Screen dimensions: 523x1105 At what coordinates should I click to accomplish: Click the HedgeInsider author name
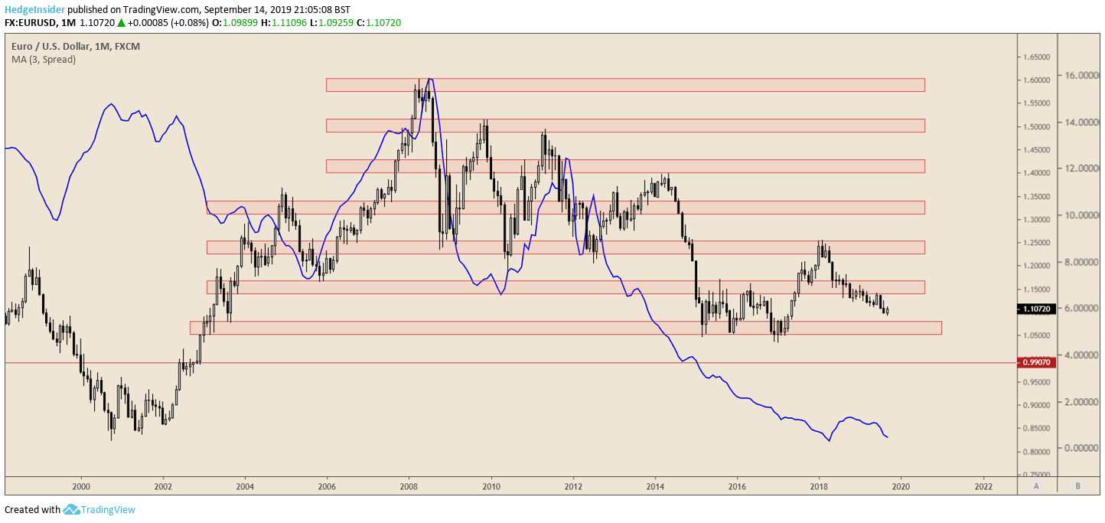[34, 9]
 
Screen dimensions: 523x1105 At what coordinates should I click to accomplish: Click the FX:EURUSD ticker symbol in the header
[32, 23]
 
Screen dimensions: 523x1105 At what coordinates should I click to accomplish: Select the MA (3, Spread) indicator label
[44, 59]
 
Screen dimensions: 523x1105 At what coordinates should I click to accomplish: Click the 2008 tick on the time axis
[409, 486]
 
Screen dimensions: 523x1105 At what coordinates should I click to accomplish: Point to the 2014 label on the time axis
[655, 486]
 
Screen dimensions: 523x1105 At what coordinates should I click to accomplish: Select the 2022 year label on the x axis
[983, 486]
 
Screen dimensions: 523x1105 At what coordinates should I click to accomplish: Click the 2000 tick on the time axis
[80, 486]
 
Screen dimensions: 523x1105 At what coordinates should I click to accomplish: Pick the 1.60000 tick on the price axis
[1036, 80]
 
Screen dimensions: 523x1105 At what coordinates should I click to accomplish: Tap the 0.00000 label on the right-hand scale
[1080, 448]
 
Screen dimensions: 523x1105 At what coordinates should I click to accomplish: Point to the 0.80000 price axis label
[1036, 452]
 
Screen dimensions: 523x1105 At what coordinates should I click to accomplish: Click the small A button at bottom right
[1036, 486]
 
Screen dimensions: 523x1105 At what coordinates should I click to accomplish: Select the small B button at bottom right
[1077, 486]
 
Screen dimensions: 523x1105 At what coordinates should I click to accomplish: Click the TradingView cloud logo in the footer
[71, 509]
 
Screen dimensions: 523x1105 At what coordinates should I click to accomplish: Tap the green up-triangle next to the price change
[121, 23]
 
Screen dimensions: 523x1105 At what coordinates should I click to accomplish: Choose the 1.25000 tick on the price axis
[1036, 243]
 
